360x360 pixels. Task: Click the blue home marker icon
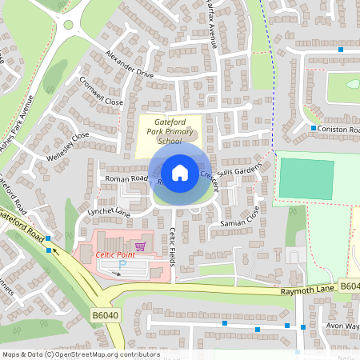pyautogui.click(x=180, y=172)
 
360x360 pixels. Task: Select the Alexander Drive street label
pyautogui.click(x=128, y=63)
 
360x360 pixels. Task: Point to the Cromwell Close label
pyautogui.click(x=101, y=92)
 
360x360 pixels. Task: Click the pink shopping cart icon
pyautogui.click(x=141, y=246)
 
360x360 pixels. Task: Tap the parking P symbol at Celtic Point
pyautogui.click(x=122, y=264)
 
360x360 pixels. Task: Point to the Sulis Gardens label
pyautogui.click(x=238, y=172)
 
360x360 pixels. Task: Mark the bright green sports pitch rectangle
pyautogui.click(x=306, y=178)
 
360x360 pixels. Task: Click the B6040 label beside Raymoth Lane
pyautogui.click(x=349, y=286)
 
